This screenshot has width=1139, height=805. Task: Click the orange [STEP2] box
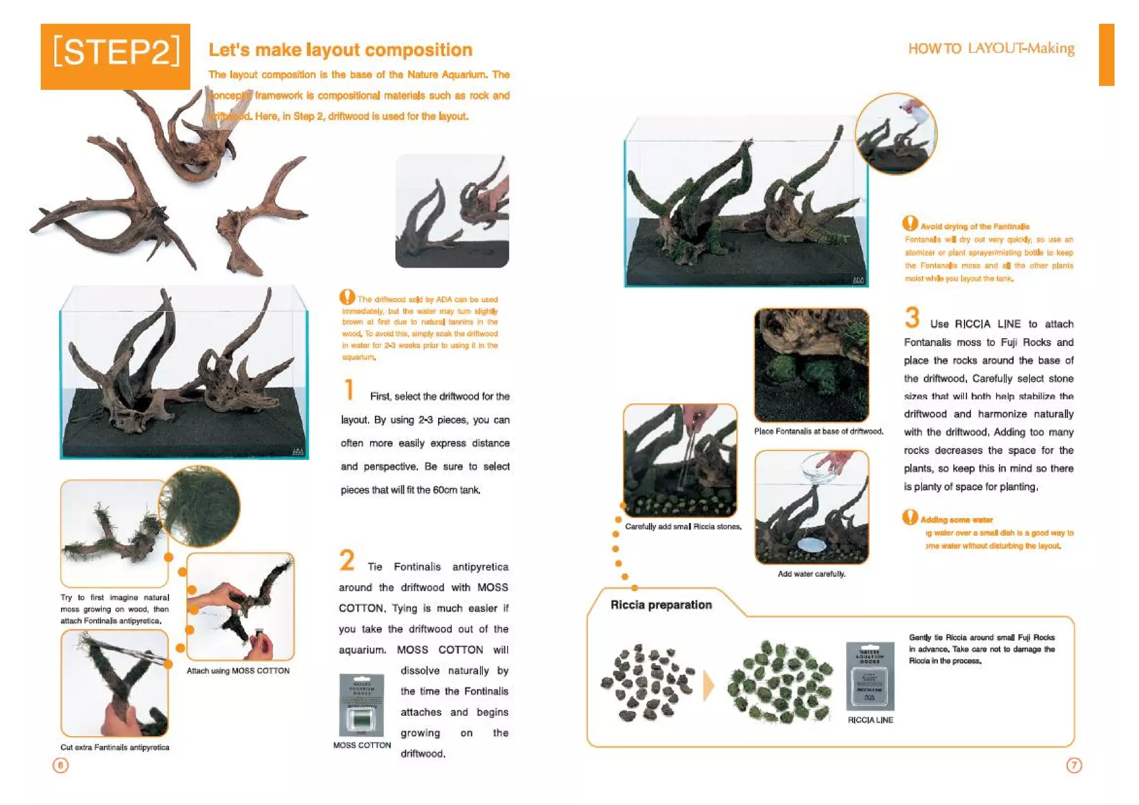[115, 56]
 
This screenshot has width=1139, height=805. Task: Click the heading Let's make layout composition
[340, 50]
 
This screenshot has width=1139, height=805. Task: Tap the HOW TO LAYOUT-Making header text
[991, 48]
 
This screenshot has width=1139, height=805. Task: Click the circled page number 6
[61, 765]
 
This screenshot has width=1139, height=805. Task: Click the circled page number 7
[1074, 765]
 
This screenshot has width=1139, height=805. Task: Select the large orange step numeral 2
[347, 560]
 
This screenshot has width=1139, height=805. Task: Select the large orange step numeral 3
[912, 318]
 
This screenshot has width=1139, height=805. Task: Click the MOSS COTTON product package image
[361, 705]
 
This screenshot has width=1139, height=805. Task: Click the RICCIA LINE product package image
[870, 676]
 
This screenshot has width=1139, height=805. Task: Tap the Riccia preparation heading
[661, 605]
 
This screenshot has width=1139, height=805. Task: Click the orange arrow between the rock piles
[709, 685]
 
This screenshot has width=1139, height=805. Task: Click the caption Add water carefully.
[811, 574]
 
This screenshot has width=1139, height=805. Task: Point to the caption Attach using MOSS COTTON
[237, 670]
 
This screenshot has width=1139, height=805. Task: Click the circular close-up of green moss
[200, 507]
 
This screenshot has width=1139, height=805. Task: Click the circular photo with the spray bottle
[895, 134]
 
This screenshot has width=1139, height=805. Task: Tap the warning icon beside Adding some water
[910, 517]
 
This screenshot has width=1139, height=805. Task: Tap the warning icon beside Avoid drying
[910, 224]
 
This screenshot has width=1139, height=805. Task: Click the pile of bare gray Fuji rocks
[647, 683]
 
